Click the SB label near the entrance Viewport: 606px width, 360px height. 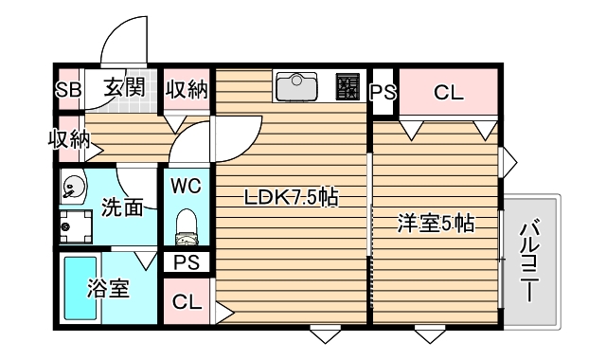click(x=68, y=90)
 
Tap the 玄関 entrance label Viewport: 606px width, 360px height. click(x=123, y=89)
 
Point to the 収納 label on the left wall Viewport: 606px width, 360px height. click(x=69, y=140)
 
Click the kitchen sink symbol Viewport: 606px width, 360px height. click(x=297, y=88)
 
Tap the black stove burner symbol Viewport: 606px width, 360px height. click(x=348, y=88)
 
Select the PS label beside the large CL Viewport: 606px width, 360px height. click(x=382, y=93)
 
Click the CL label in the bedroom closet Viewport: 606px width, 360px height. click(x=448, y=93)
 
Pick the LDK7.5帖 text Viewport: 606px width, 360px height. click(x=292, y=198)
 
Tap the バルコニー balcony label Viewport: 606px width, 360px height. click(x=531, y=258)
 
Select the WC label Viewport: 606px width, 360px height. click(x=187, y=186)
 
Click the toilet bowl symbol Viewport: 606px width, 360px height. click(x=187, y=226)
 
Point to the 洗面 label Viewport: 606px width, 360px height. click(x=122, y=205)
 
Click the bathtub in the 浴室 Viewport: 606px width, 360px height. click(x=80, y=288)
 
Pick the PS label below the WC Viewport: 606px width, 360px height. click(x=187, y=262)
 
